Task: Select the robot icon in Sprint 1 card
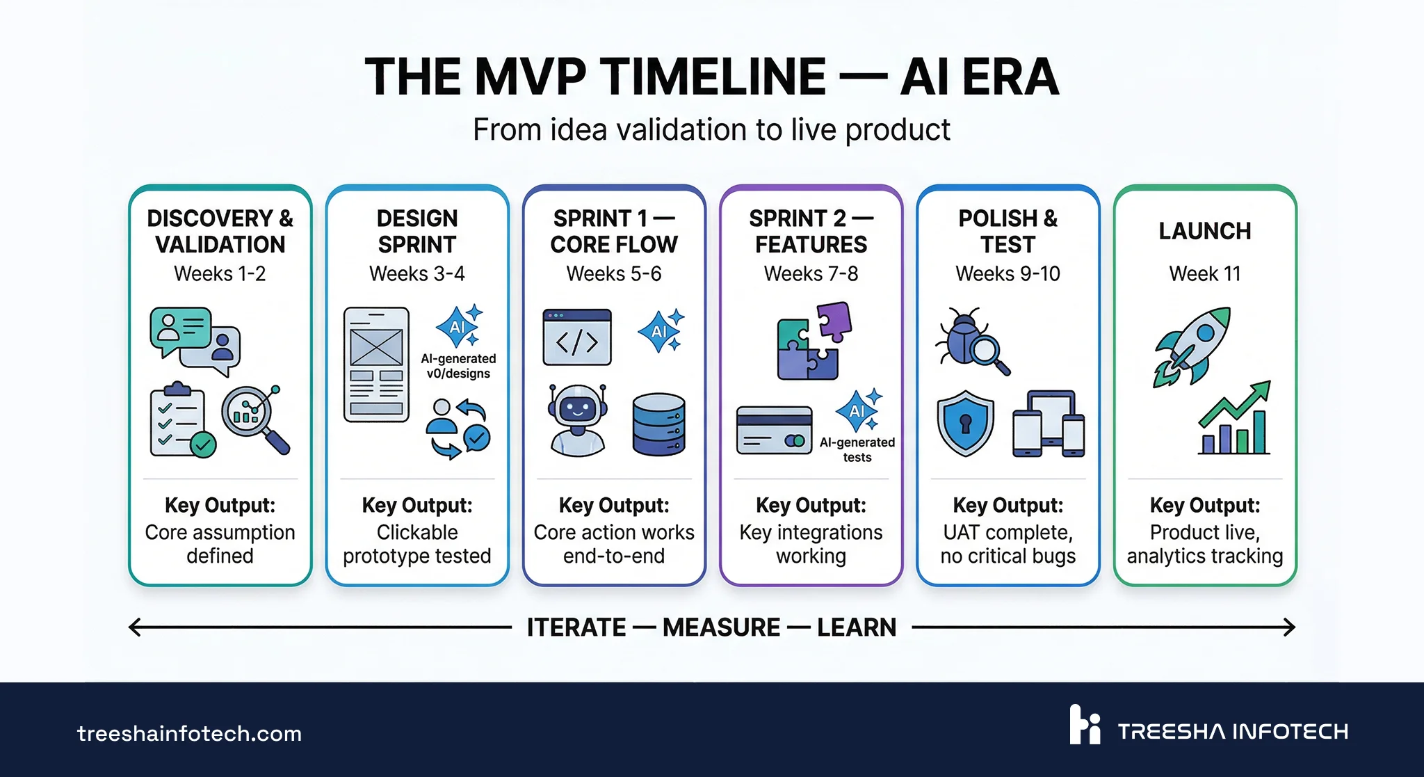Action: click(x=577, y=419)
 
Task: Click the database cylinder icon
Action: click(x=658, y=424)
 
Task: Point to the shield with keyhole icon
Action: click(x=965, y=422)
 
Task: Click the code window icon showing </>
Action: click(x=577, y=337)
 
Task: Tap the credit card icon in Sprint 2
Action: click(x=774, y=430)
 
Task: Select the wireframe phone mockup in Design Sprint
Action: click(x=376, y=365)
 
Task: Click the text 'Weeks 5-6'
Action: click(x=613, y=274)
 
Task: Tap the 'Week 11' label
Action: click(x=1204, y=274)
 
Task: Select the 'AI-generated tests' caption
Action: click(x=857, y=449)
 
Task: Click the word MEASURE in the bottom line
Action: click(x=721, y=627)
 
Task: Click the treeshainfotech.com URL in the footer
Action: click(x=189, y=733)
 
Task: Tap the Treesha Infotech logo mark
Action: click(x=1085, y=725)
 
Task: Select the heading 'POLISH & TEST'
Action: click(x=1008, y=232)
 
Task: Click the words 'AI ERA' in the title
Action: click(x=979, y=77)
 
